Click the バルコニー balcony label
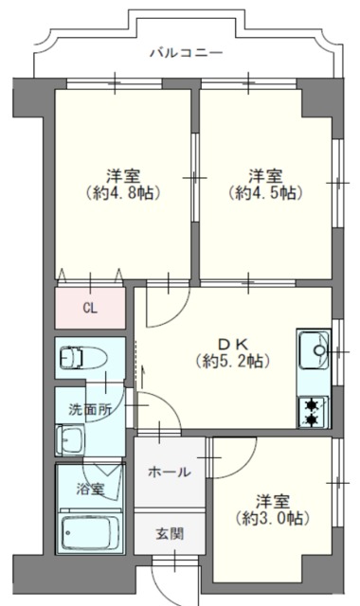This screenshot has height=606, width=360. [x=186, y=53]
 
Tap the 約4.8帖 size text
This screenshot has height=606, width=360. [x=125, y=192]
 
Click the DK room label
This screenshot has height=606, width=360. [x=232, y=343]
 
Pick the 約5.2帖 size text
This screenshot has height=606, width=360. [x=232, y=361]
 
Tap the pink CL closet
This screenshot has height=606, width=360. [x=90, y=307]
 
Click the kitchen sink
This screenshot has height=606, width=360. [x=314, y=354]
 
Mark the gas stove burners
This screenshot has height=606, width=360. [x=312, y=410]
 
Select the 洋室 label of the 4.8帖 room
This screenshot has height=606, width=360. [x=125, y=174]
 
